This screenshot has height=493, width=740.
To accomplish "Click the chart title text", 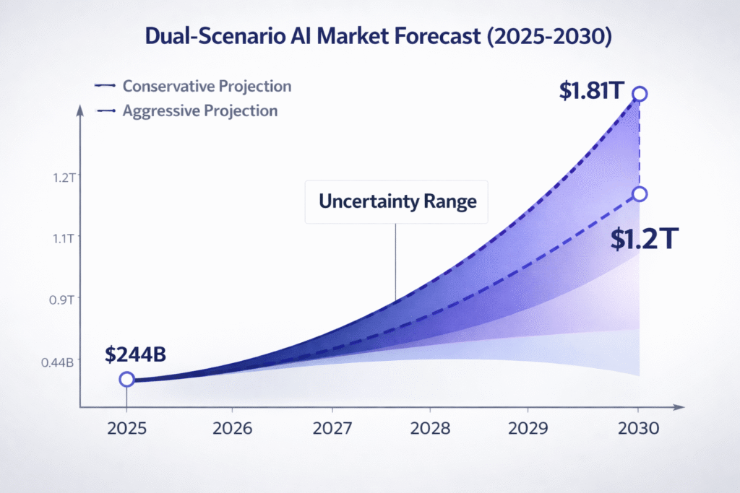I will (x=370, y=38).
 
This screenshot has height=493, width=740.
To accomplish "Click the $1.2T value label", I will (x=642, y=239).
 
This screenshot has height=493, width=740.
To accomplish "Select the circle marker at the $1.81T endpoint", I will (x=639, y=94).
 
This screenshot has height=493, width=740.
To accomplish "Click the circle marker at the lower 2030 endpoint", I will (x=639, y=193).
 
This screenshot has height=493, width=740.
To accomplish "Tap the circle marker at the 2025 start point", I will (x=126, y=379).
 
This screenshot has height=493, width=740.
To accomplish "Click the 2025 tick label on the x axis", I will (x=126, y=428).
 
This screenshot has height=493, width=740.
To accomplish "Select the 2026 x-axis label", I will (x=233, y=428).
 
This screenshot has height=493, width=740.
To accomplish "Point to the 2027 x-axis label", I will (x=333, y=428).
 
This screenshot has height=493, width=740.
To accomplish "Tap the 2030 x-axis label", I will (x=638, y=428).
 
